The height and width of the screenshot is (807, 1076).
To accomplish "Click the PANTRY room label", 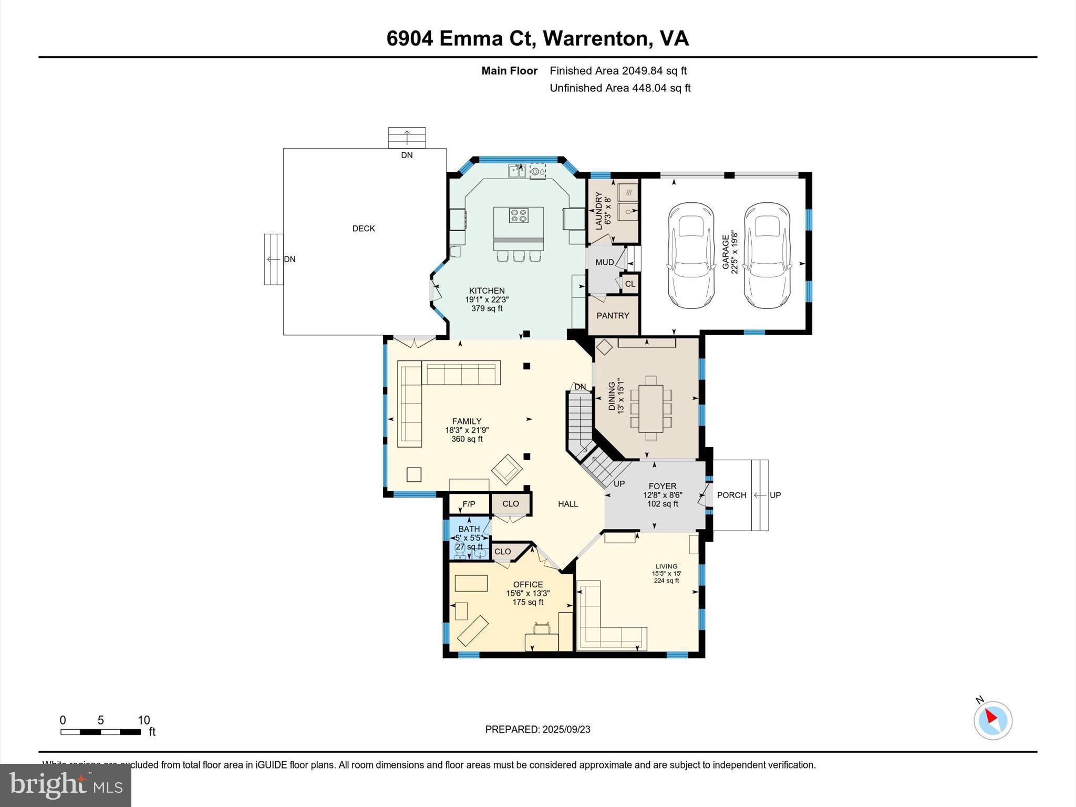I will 613,316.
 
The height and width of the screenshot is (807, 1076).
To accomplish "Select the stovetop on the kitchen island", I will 519,215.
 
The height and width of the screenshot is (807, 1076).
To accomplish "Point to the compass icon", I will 992,720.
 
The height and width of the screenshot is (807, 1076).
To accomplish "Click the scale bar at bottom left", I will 100,732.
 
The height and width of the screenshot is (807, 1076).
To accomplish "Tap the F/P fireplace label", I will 469,504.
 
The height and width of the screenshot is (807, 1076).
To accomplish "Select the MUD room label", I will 605,262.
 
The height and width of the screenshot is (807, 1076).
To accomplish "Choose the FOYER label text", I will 662,487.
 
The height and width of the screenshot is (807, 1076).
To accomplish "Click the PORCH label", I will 731,495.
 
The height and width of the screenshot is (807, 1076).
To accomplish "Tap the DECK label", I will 364,229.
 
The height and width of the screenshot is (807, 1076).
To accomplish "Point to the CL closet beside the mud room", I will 630,284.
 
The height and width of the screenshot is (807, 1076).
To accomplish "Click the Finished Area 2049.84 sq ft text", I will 618,71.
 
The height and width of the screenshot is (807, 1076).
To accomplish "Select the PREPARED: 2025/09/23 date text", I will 537,729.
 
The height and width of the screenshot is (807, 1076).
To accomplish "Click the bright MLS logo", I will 66,785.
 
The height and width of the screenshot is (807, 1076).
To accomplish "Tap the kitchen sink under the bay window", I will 517,171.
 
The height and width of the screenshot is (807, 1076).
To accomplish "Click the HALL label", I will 568,504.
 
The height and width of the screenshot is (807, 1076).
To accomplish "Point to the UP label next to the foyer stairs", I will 619,484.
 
